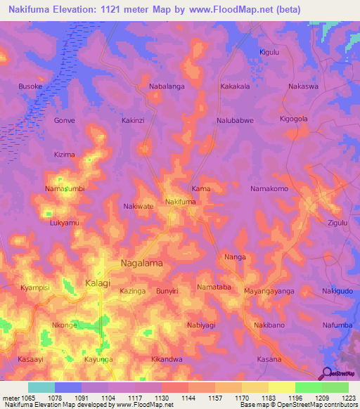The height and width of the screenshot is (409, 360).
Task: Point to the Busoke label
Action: coord(30,86)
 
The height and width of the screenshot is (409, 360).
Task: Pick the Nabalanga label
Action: coord(167,86)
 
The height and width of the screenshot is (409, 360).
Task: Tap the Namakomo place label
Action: coord(270,189)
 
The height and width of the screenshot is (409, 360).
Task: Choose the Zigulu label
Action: coord(338,223)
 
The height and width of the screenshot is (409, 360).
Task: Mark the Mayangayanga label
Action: coord(269,290)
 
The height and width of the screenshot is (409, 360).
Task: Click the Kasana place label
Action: coord(269,359)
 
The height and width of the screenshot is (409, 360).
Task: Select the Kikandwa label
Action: coord(167,359)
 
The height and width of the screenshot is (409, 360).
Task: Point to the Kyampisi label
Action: coord(34,289)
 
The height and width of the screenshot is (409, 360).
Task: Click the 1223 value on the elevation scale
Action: coord(347,398)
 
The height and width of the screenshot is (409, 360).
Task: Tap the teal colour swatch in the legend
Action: coord(41,387)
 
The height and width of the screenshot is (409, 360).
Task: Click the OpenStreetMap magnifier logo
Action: coord(327,373)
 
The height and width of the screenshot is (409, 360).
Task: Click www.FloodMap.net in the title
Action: coord(227,9)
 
